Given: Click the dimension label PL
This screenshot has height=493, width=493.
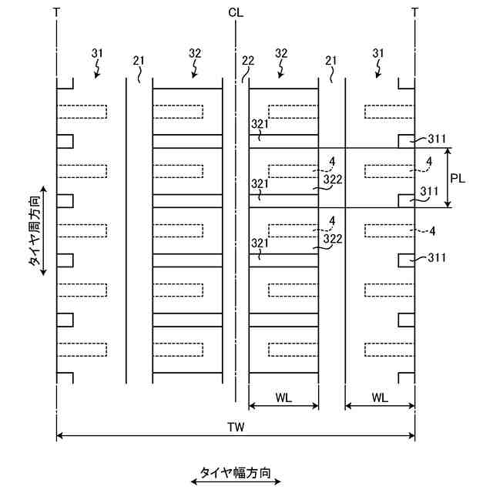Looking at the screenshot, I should click(x=458, y=178).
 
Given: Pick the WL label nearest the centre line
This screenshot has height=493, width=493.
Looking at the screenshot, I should click(x=283, y=397).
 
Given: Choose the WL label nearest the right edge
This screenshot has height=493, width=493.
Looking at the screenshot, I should click(x=380, y=397).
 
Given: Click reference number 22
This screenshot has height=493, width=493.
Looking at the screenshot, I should click(x=247, y=60).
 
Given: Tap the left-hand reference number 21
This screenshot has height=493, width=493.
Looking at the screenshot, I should click(x=139, y=60).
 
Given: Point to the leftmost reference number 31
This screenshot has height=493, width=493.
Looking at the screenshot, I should click(x=97, y=53).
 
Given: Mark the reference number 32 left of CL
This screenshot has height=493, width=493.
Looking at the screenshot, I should click(x=195, y=53).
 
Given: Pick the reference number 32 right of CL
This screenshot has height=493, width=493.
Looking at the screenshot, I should click(x=282, y=53).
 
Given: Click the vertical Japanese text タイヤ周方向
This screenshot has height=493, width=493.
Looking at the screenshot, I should click(x=36, y=230).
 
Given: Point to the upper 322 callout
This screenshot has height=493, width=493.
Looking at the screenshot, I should click(x=333, y=179).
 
